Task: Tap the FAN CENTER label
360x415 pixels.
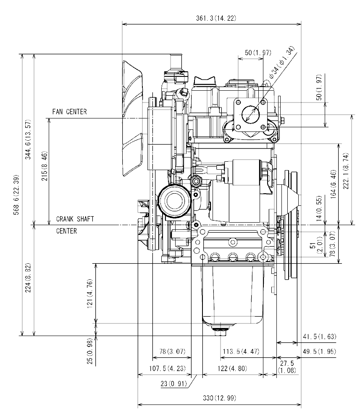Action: pos(70,112)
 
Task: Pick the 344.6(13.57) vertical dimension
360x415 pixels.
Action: pos(28,139)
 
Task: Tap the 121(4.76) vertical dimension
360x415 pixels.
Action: pos(90,294)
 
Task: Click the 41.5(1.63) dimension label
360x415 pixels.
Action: pos(319,337)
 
